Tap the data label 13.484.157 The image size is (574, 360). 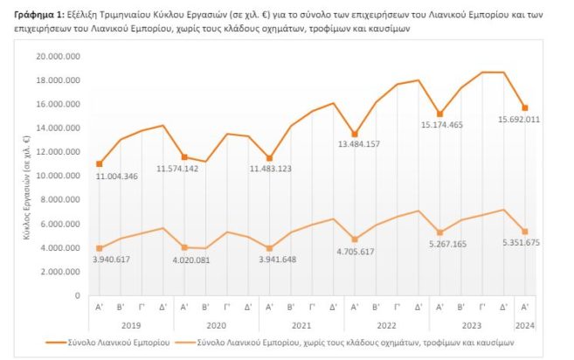355,145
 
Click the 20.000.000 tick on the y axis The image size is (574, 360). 59,56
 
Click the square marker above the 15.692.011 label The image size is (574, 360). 524,107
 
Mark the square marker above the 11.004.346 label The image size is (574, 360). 100,164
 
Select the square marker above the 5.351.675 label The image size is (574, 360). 524,232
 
